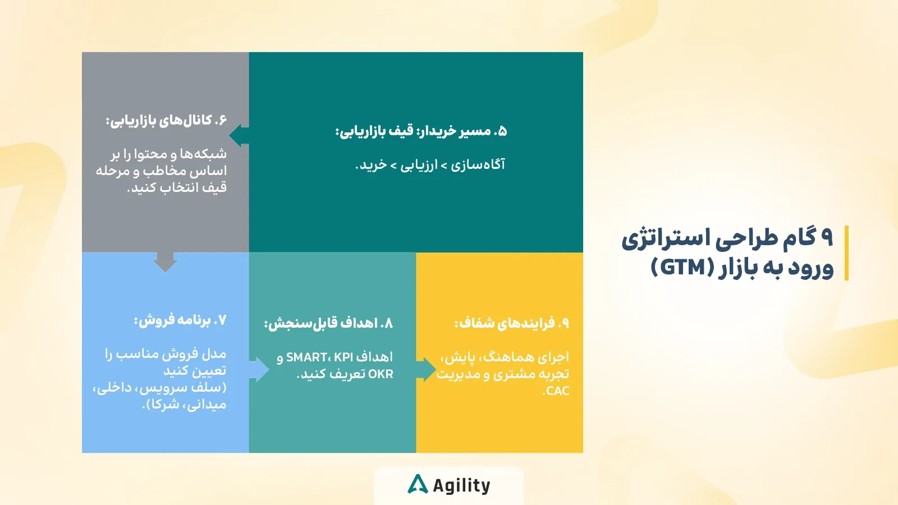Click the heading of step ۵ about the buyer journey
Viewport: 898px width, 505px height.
421,131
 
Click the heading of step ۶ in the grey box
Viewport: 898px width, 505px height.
166,120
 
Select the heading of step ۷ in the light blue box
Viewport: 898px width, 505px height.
180,320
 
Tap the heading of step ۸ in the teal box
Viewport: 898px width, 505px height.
329,323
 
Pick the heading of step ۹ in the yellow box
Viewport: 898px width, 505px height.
512,323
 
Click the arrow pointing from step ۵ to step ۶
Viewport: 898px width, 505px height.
239,135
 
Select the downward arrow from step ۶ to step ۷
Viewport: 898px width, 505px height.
165,262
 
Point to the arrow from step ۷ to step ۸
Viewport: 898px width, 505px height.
259,369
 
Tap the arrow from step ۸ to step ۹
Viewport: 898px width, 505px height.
426,369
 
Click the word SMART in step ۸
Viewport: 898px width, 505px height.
306,357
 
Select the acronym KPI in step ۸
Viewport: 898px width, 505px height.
343,357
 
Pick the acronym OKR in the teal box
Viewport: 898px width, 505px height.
381,374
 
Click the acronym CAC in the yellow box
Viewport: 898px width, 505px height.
557,391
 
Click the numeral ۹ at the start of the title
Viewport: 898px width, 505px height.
827,237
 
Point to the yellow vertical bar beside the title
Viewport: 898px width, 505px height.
846,253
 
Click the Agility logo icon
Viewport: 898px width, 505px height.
418,484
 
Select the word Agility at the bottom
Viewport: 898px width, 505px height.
462,486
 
